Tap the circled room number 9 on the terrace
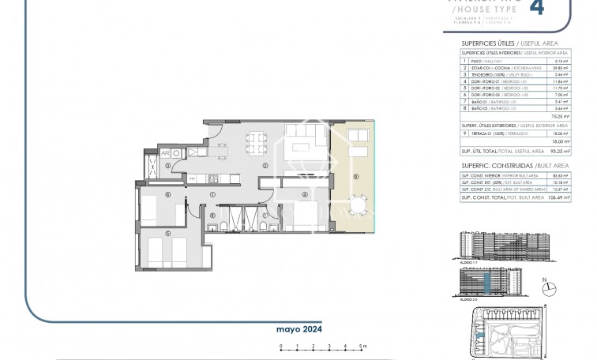point(355,175)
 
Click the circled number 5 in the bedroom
point(167,234)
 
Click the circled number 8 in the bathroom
point(212,215)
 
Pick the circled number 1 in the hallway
point(212,195)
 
